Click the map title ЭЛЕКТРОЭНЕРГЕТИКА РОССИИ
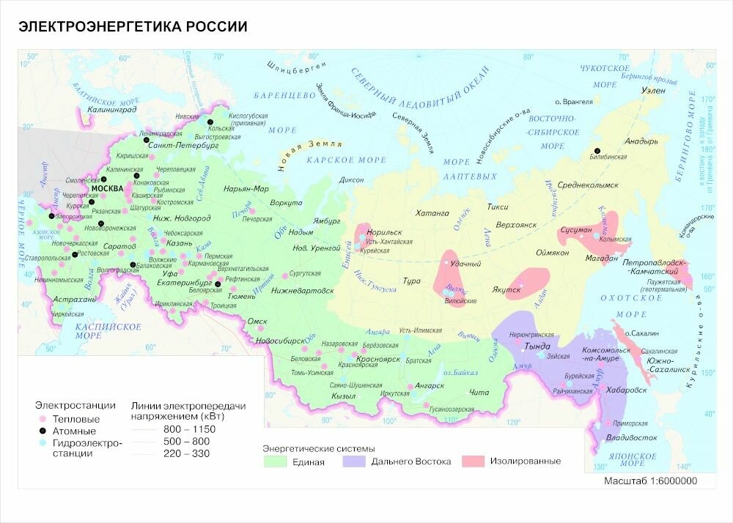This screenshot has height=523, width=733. click(x=133, y=27)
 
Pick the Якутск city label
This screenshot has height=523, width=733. click(x=505, y=289)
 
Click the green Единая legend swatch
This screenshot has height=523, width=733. click(x=275, y=461)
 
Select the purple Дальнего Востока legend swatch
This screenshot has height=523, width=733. click(x=354, y=461)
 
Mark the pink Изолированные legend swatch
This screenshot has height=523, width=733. click(x=473, y=461)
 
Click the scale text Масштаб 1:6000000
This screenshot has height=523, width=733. click(x=650, y=481)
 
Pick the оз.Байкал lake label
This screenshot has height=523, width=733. click(x=461, y=371)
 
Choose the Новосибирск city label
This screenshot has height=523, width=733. click(x=279, y=341)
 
